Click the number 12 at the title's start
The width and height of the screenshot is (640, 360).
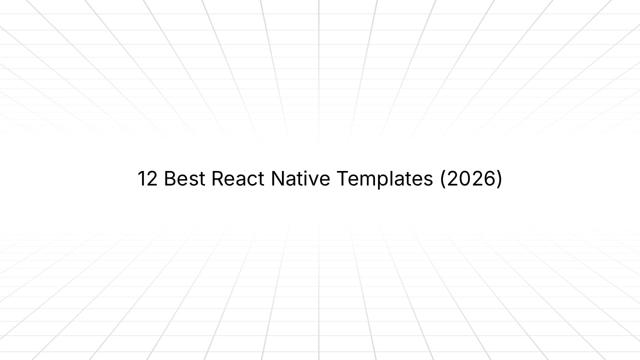pos(147,178)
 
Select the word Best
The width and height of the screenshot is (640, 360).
pos(184,178)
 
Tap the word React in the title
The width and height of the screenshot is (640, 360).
pos(238,178)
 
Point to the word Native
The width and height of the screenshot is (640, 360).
pos(300,178)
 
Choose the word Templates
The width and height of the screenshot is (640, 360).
pos(384,178)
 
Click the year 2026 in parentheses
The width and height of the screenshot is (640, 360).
pos(471,178)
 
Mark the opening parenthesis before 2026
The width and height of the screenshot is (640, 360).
pos(443,179)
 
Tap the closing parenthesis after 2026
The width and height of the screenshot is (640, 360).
pos(498,179)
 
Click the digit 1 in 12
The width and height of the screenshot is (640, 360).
pos(141,178)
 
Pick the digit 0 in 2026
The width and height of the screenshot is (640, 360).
pos(465,178)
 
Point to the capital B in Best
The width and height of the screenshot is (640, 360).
pos(170,178)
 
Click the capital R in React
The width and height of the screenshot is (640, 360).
pos(217,178)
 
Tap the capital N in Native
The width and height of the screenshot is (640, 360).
pos(277,178)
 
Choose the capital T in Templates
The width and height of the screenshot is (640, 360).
pos(342,178)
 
